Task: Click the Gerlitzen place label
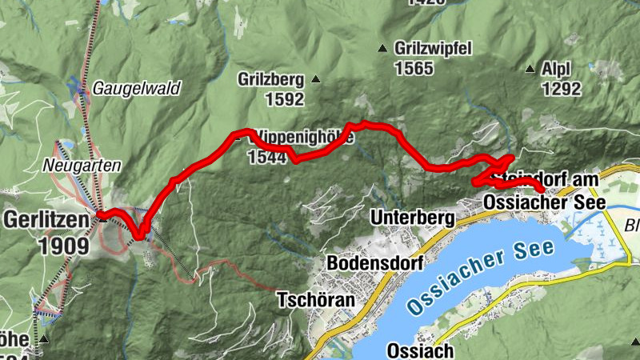click(x=47, y=218)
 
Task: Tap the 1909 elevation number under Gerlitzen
click(x=62, y=245)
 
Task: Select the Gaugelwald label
click(x=137, y=88)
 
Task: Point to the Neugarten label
click(x=82, y=166)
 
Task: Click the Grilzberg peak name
click(x=271, y=79)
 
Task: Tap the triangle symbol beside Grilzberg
click(x=316, y=78)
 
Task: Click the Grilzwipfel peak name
click(x=432, y=48)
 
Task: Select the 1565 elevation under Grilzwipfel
click(x=414, y=68)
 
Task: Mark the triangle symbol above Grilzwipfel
click(x=382, y=46)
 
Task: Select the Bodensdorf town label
click(x=374, y=263)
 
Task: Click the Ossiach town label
click(x=420, y=350)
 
